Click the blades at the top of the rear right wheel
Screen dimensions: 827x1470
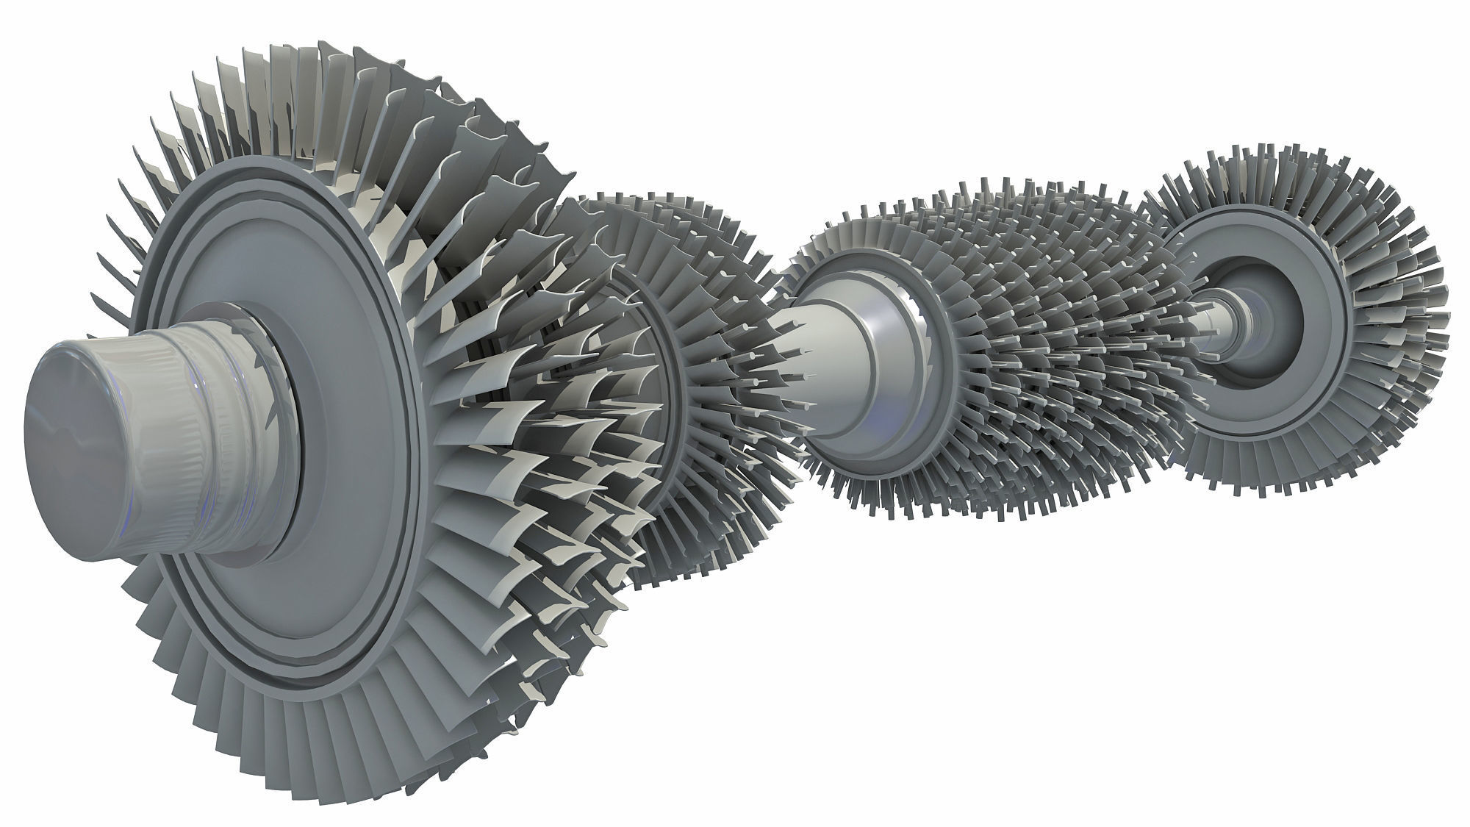(1294, 176)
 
